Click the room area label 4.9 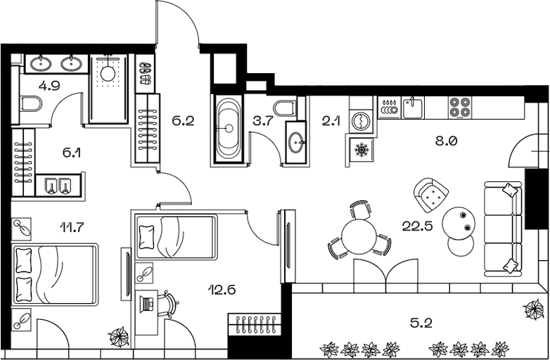pos(49,87)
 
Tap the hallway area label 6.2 pos(182,120)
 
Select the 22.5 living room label pos(416,226)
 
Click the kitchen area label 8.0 pos(447,140)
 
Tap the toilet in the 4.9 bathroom pos(31,105)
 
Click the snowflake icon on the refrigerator pos(362,150)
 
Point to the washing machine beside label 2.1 pos(362,120)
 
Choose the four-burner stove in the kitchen pos(459,107)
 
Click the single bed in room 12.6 pos(176,237)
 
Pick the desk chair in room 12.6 pos(168,304)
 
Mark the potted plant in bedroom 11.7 pos(119,336)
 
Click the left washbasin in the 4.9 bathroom pos(39,64)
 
